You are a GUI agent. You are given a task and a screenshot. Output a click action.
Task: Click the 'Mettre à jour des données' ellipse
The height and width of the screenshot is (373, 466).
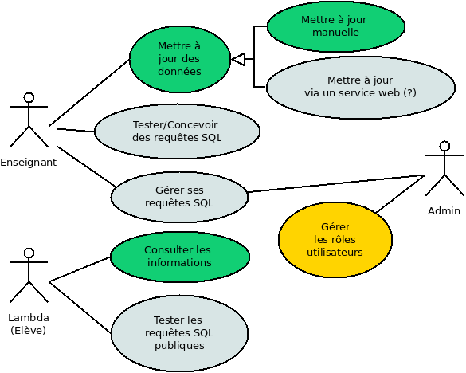coord(180,59)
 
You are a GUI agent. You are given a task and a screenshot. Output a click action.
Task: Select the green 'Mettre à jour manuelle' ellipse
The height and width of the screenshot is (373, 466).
coord(336,26)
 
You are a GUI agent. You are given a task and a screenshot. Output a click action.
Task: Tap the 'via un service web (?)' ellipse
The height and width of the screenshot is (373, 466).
coord(361,87)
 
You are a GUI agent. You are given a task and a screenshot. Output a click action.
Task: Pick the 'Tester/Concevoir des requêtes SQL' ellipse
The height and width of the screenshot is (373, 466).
coord(177,132)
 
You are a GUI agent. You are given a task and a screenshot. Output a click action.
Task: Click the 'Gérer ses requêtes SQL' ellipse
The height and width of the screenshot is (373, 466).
coord(179,197)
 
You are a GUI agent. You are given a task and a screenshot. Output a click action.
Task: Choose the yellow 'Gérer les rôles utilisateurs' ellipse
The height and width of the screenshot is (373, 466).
coord(335,240)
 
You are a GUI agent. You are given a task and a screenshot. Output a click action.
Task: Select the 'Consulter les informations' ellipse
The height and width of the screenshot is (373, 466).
coord(179,257)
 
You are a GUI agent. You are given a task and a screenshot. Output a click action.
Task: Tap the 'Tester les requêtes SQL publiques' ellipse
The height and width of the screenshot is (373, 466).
coord(179,333)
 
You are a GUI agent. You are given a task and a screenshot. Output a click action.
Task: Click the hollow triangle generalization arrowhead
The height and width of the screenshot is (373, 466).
coord(238,59)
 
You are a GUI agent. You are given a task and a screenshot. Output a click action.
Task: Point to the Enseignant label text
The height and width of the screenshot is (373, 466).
coord(28,163)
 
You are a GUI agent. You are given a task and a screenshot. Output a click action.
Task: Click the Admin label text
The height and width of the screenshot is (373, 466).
coord(444,211)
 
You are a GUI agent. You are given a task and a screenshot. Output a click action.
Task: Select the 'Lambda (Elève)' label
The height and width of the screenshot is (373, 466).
coord(29,324)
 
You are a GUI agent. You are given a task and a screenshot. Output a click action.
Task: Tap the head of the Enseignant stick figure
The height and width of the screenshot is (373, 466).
coord(29,97)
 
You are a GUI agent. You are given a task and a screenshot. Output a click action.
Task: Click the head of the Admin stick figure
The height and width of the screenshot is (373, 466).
coord(444,146)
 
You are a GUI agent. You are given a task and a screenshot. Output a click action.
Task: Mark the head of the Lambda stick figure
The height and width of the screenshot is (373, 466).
coord(29,253)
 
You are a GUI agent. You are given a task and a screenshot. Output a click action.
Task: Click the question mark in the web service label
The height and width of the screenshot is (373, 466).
coord(409,92)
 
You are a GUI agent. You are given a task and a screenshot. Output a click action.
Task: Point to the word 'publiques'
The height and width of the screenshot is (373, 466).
coord(179,346)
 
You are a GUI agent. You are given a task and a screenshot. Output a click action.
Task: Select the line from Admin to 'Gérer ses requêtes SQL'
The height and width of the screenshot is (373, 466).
coord(336,183)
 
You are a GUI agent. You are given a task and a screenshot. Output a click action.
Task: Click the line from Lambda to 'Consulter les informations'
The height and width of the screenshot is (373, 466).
coord(80,269)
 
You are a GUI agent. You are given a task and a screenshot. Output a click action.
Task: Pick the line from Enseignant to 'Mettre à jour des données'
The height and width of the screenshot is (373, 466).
coord(89,92)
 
